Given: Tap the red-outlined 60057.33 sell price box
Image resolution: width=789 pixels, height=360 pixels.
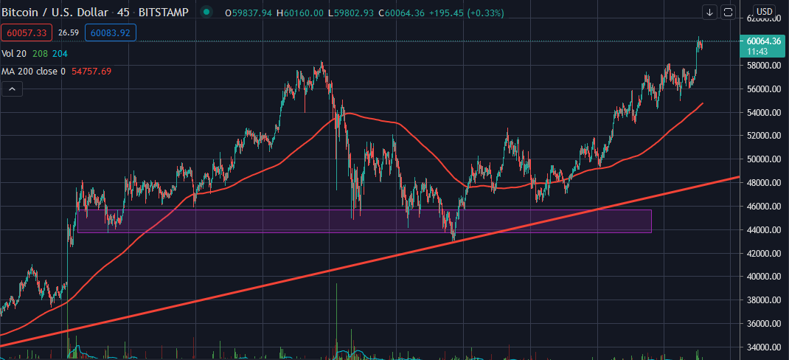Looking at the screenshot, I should tap(27, 32).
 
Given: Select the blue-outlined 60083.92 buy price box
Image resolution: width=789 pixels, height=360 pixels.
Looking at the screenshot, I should tap(110, 32).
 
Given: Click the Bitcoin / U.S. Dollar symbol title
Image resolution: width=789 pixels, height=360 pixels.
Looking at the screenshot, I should tap(54, 12).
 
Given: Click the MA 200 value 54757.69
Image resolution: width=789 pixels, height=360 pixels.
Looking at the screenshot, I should tap(91, 72).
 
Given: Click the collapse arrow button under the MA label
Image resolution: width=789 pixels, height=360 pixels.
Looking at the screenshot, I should tap(13, 89).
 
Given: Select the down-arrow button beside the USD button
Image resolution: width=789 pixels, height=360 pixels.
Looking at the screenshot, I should tap(709, 12).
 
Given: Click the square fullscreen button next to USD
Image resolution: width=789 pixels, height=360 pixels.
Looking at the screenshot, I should tap(728, 12).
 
